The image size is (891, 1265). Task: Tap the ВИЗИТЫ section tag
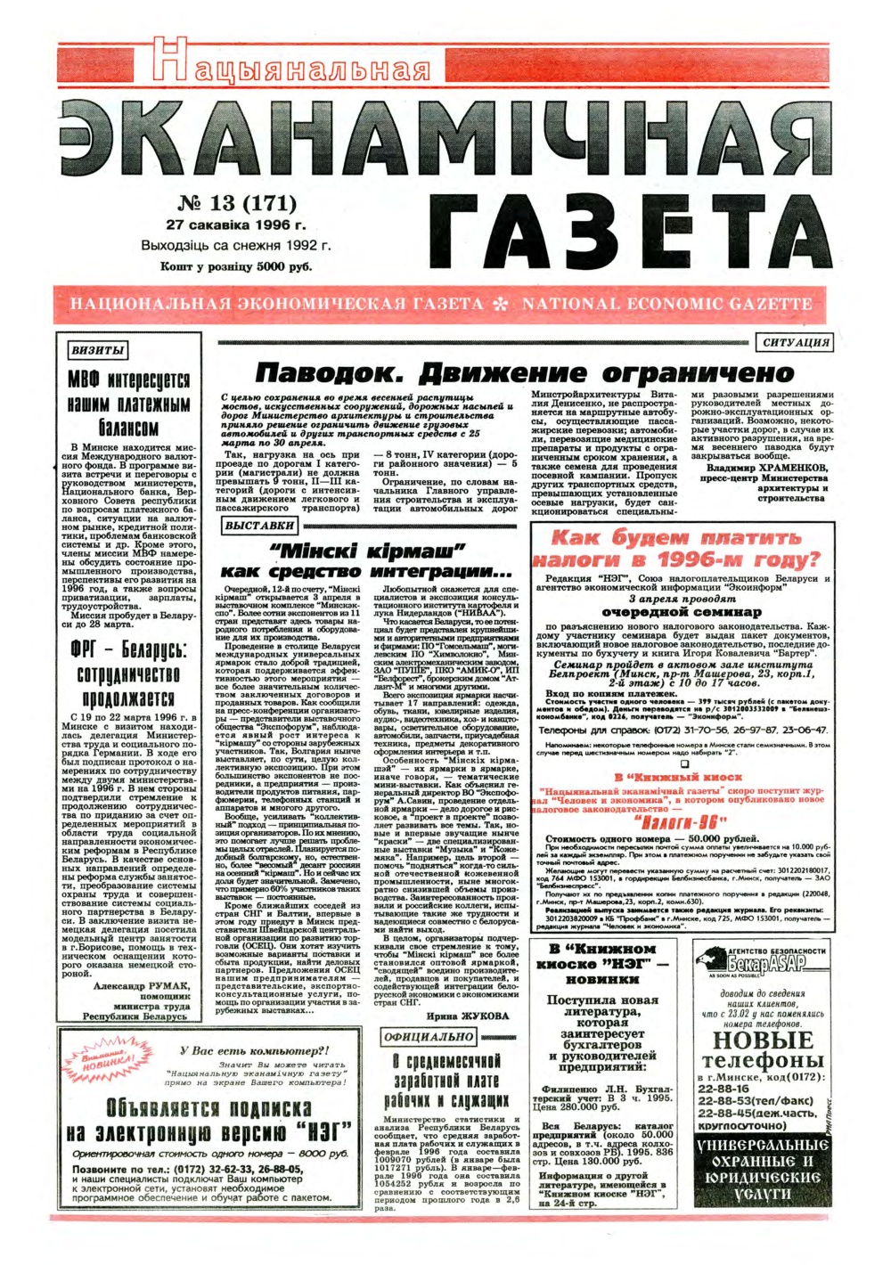point(96,350)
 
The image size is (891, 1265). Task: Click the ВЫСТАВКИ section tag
point(259,526)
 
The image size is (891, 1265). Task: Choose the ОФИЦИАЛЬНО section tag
point(429,1037)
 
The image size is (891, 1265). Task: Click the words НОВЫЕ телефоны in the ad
point(762,1049)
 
